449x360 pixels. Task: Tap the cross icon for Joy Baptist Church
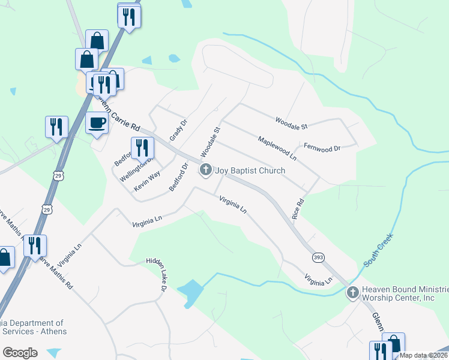tap(206, 170)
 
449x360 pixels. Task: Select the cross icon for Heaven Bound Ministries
tap(353, 293)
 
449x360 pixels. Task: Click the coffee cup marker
tap(97, 124)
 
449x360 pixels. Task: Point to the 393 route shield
tap(319, 257)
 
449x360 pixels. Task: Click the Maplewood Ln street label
tap(277, 148)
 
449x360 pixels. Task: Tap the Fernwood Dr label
tap(322, 147)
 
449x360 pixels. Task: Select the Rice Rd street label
tap(295, 209)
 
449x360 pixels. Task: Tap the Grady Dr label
tap(178, 130)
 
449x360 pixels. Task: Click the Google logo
tap(20, 353)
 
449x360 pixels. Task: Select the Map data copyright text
tap(423, 355)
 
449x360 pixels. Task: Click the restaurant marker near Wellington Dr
tap(142, 148)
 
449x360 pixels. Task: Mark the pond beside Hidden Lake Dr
tap(191, 291)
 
